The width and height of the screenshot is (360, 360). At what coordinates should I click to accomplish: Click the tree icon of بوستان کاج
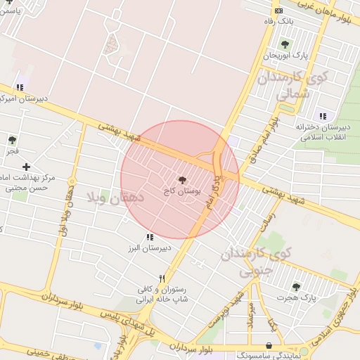click(184, 180)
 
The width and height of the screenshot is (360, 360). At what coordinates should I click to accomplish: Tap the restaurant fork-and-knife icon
click(162, 278)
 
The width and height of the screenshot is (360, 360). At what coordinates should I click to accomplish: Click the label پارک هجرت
click(296, 297)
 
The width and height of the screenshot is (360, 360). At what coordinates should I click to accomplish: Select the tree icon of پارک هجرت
click(296, 286)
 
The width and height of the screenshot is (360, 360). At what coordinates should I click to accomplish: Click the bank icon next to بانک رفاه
click(279, 10)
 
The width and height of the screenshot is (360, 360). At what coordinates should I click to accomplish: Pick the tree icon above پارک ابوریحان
click(285, 44)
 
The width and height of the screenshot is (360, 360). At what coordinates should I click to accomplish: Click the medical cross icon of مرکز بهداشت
click(26, 167)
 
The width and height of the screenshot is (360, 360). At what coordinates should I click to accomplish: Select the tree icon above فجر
click(12, 141)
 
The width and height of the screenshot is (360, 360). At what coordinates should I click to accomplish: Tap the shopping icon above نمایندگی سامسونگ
click(269, 346)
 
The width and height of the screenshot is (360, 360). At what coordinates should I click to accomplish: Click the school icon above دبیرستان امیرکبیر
click(19, 87)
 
